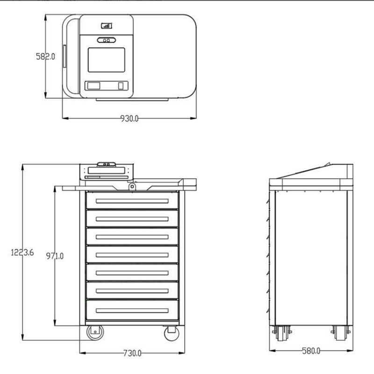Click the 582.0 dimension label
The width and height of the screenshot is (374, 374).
(x=46, y=57)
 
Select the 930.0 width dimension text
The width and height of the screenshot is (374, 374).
(x=129, y=118)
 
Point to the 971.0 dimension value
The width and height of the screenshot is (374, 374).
(x=55, y=256)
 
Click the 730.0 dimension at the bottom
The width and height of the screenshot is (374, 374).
(x=132, y=353)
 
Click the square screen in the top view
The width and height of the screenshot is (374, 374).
(x=107, y=60)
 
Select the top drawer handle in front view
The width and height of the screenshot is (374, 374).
(x=132, y=201)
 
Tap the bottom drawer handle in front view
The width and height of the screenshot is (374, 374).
(x=132, y=309)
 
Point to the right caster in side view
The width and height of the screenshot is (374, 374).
(x=340, y=333)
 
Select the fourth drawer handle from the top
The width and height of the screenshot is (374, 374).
(x=132, y=255)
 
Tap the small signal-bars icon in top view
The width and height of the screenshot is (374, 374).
(x=106, y=27)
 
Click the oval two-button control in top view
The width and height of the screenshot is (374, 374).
(x=107, y=40)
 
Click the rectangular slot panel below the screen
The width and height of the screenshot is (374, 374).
(x=107, y=86)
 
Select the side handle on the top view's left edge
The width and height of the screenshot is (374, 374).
(x=65, y=57)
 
